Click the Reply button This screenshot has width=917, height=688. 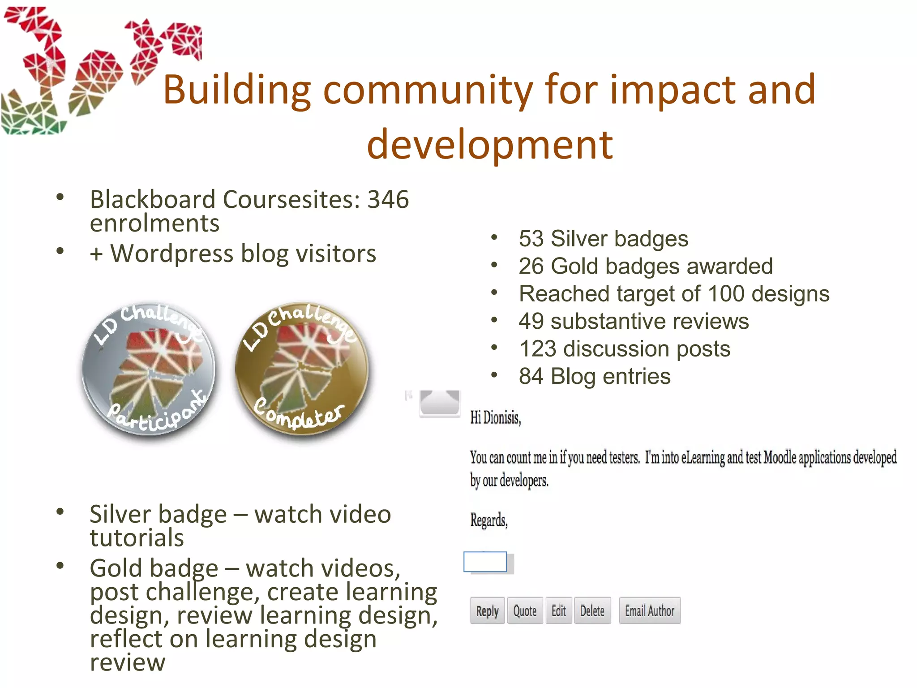point(487,611)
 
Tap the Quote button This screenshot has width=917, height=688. point(525,611)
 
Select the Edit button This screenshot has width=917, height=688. point(558,611)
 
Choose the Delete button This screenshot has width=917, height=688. point(592,611)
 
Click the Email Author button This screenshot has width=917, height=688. point(649,611)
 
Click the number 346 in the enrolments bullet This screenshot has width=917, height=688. point(388,199)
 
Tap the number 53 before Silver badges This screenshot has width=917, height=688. point(532,238)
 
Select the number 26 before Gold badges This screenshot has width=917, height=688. point(532,266)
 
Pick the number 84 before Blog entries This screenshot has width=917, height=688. point(532,376)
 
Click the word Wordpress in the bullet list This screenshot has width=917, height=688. point(172,254)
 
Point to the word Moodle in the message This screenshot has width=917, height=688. point(780,458)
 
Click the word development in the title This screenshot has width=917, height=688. point(489,144)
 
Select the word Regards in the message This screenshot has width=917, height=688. point(488,520)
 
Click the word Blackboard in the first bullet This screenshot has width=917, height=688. point(153,199)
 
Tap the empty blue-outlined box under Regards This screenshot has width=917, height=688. point(485,562)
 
